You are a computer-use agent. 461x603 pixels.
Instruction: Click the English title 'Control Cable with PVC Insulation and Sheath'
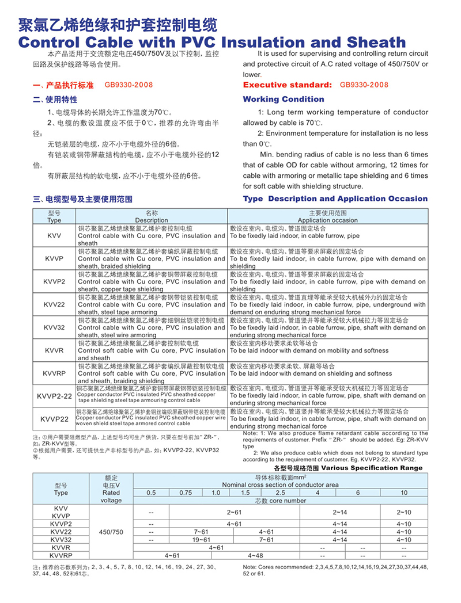pyautogui.click(x=212, y=42)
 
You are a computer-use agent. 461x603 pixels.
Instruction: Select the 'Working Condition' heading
pyautogui.click(x=284, y=99)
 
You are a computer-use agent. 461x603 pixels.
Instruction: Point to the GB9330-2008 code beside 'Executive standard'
pyautogui.click(x=364, y=85)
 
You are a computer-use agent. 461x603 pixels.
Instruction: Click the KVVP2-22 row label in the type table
pyautogui.click(x=54, y=396)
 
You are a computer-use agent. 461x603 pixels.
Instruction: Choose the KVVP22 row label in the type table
pyautogui.click(x=54, y=419)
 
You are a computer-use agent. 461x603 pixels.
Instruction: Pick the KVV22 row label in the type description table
pyautogui.click(x=54, y=304)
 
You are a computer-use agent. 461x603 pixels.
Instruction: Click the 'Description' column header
pyautogui.click(x=152, y=220)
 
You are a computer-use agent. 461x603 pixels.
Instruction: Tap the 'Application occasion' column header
pyautogui.click(x=327, y=220)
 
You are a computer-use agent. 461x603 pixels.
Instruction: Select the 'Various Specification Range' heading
pyautogui.click(x=371, y=468)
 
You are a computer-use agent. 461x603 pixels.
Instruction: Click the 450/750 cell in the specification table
pyautogui.click(x=111, y=532)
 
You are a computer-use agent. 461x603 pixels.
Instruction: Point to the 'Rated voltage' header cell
pyautogui.click(x=111, y=496)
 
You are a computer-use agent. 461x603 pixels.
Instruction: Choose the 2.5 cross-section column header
pyautogui.click(x=280, y=493)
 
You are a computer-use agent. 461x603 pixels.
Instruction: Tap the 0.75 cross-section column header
pyautogui.click(x=185, y=493)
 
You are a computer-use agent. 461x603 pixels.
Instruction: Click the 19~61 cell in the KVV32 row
pyautogui.click(x=202, y=540)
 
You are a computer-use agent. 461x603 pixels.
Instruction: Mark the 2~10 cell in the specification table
pyautogui.click(x=404, y=512)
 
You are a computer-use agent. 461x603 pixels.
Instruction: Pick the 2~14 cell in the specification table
pyautogui.click(x=339, y=512)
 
